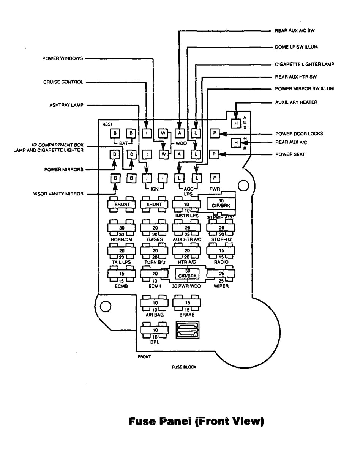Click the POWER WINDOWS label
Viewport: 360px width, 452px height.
[63, 59]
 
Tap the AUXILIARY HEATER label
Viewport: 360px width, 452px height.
[296, 102]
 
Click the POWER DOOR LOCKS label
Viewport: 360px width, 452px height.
[297, 134]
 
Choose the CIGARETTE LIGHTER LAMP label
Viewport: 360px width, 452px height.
[304, 65]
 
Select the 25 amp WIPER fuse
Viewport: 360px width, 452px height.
[221, 273]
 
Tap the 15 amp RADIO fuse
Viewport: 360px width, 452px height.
[221, 250]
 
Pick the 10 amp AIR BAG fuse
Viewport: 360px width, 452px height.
[155, 303]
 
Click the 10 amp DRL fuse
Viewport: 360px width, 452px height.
[155, 330]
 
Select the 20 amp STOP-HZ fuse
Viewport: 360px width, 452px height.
[221, 227]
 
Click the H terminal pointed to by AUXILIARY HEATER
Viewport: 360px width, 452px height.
[236, 123]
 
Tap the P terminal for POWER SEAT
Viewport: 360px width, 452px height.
[214, 154]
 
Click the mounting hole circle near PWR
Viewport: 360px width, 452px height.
[243, 185]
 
